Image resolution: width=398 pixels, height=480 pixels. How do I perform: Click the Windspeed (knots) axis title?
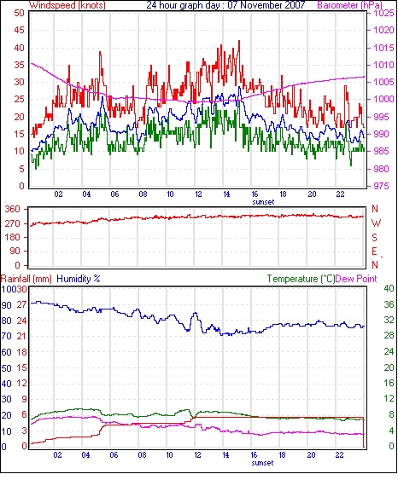click(67, 5)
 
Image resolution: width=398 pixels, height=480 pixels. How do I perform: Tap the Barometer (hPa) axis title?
click(350, 5)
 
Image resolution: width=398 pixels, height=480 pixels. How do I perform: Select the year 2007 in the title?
click(295, 5)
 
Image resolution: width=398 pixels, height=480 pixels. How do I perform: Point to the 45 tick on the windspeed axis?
click(20, 31)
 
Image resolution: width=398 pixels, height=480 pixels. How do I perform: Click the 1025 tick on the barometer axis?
click(383, 13)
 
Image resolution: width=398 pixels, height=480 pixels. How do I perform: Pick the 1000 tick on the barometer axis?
click(383, 99)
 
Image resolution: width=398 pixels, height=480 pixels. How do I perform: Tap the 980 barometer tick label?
click(385, 169)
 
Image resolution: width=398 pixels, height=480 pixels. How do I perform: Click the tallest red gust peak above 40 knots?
click(239, 41)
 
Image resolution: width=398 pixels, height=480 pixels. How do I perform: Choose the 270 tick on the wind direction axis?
click(13, 223)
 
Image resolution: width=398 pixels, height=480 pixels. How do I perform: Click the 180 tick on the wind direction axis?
click(13, 237)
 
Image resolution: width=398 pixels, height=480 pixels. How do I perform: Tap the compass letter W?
click(376, 223)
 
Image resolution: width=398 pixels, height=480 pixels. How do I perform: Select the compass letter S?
click(374, 237)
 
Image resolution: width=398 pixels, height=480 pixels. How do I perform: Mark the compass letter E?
click(374, 252)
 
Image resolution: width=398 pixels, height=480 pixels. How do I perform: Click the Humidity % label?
click(79, 279)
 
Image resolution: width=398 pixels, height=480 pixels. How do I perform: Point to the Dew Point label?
click(356, 279)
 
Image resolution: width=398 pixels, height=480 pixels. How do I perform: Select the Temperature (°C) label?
click(301, 279)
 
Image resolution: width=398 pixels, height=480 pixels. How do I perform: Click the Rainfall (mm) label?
click(26, 279)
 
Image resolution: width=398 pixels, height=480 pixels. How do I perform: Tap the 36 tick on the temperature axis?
click(389, 304)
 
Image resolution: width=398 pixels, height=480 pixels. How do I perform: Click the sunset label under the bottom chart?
click(263, 463)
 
